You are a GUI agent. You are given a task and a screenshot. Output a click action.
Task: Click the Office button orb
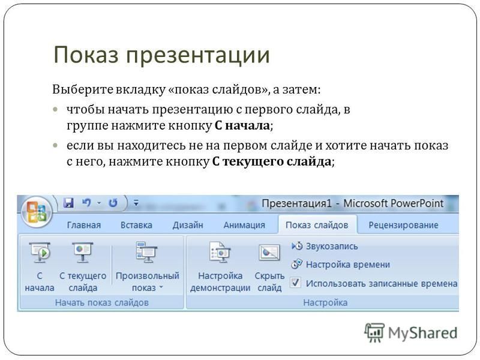pos(37,212)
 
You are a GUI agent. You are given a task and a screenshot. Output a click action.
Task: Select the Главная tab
pos(83,226)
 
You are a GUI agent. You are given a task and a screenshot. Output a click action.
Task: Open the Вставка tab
pos(136,226)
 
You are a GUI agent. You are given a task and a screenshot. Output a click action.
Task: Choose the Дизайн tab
pos(188,226)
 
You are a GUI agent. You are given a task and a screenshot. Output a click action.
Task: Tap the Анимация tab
pos(244,226)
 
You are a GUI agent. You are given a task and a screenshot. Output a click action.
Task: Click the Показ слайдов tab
pos(317,226)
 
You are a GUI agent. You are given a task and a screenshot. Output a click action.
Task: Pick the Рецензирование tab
pos(403,226)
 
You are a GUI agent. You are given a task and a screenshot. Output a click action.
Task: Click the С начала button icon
pos(40,252)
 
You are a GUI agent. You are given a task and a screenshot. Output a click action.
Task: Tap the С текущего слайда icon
pos(83,252)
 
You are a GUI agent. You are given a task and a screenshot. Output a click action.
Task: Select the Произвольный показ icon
pos(146,252)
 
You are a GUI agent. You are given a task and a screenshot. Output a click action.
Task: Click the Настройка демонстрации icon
pos(220,252)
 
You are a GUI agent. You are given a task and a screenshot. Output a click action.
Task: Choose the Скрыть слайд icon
pos(269,253)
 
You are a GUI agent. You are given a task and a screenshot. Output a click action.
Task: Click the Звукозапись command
pos(325,246)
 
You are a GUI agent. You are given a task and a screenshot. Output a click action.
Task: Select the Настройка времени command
pos(340,265)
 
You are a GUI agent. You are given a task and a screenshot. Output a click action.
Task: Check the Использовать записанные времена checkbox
pos(295,283)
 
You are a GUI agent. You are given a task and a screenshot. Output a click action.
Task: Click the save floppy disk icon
pos(68,203)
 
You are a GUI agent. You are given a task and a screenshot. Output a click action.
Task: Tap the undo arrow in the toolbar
pos(86,203)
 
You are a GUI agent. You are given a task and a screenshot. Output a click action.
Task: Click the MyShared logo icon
pos(374,332)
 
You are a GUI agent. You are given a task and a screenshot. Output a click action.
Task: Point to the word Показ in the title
pos(86,55)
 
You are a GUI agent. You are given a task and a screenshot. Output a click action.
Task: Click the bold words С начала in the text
pos(242,125)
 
